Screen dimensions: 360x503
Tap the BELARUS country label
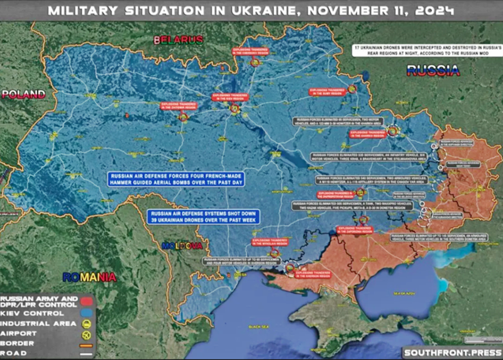[179, 40]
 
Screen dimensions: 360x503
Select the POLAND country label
[23, 94]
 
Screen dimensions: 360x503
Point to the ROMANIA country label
[89, 276]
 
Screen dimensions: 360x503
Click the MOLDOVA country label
[182, 246]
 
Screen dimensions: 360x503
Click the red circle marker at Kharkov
[393, 131]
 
